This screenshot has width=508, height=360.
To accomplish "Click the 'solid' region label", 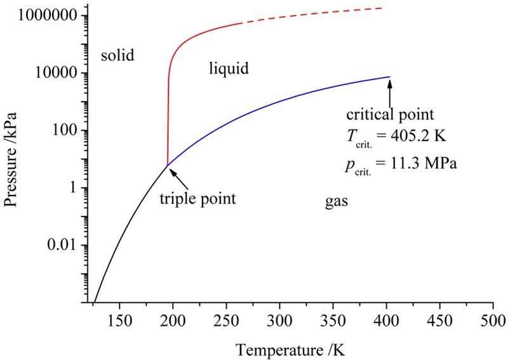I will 118,55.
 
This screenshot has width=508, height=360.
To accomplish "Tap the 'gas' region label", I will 336,201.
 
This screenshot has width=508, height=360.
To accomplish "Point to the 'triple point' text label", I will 197,199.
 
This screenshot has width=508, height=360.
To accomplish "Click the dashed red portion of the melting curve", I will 317,14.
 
